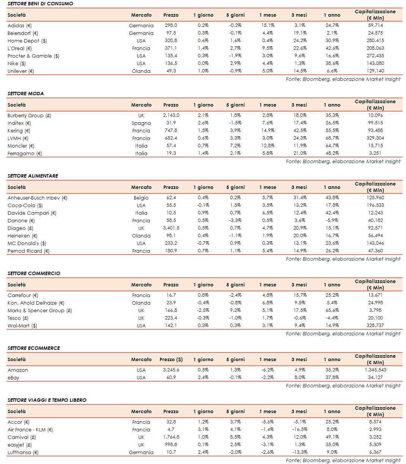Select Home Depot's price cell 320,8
point(171,41)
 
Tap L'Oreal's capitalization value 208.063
point(375,48)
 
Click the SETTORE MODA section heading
point(26,93)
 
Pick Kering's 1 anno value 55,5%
point(331,131)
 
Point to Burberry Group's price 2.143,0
point(171,115)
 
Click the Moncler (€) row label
point(21,146)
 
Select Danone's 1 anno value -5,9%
point(331,220)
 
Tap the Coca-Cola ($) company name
point(25,205)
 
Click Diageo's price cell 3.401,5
point(171,228)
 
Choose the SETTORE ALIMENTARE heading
point(33,176)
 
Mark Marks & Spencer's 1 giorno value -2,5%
point(203,310)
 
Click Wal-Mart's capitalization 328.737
point(375,326)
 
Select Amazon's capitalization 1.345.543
point(375,370)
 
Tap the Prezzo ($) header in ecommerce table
point(171,359)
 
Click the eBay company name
point(13,377)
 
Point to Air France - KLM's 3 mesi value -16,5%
point(299,429)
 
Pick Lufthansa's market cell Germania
point(141,452)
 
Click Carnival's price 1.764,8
point(171,437)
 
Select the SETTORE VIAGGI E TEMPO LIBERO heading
point(47,400)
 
